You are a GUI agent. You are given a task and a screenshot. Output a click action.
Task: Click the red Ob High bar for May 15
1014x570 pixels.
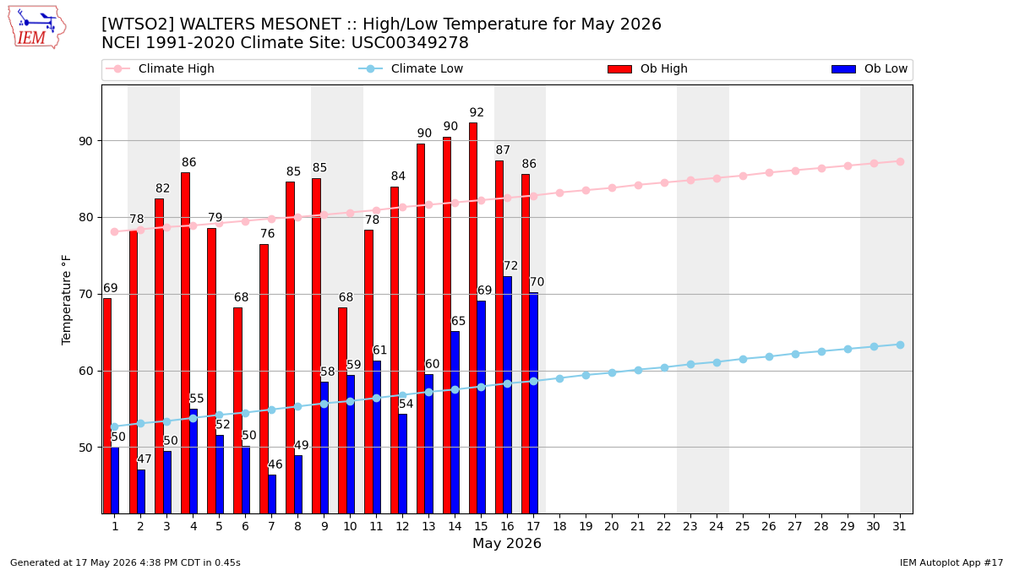(473, 318)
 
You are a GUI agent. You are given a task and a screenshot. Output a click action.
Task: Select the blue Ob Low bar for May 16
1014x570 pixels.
(508, 395)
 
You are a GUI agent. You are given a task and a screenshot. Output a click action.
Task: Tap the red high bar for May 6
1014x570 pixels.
(237, 410)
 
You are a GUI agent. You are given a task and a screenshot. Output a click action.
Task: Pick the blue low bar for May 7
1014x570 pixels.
(272, 494)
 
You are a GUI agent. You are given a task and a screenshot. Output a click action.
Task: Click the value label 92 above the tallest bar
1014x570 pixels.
(477, 112)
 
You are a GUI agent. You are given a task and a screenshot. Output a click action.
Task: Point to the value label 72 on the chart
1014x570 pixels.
(510, 265)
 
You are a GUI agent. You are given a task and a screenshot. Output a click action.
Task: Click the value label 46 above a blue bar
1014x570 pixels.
(275, 464)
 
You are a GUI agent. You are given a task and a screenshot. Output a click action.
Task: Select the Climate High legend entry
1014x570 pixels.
(161, 68)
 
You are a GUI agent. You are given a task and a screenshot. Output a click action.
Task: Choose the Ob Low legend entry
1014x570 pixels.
(870, 68)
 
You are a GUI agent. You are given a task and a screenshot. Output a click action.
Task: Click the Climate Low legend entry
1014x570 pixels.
(411, 68)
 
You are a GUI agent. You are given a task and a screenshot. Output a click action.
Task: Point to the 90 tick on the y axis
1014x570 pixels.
(85, 141)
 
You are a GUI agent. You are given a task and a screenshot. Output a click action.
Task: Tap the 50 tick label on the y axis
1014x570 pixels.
(85, 448)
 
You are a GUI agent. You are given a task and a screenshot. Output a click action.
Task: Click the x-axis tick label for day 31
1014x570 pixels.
(899, 527)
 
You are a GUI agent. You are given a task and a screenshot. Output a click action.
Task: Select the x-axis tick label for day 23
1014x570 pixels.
(690, 527)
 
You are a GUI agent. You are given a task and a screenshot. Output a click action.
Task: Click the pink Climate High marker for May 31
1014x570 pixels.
(901, 161)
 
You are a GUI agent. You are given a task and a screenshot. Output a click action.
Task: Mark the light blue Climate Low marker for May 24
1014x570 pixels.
(717, 362)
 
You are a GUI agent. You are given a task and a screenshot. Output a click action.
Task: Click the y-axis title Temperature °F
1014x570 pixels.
(66, 300)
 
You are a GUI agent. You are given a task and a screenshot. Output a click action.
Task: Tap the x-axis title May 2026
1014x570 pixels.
(507, 543)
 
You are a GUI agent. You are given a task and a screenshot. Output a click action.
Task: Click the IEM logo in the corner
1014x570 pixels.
(37, 28)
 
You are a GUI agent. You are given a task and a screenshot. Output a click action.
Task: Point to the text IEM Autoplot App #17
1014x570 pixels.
(951, 562)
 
